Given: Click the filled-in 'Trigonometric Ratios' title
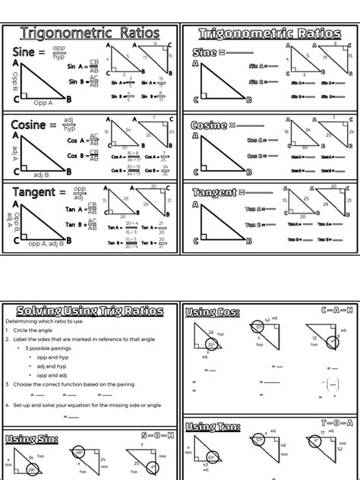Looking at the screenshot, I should [90, 34].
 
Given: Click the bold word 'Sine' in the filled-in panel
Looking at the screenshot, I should [29, 52].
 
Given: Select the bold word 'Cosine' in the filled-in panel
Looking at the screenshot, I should [34, 125].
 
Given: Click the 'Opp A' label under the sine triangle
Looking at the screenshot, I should [43, 103].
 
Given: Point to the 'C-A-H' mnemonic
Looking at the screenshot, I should [336, 310].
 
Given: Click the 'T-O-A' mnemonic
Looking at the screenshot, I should [336, 422].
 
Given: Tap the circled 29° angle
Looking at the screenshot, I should [32, 470].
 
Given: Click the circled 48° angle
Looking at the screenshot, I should [79, 453].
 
